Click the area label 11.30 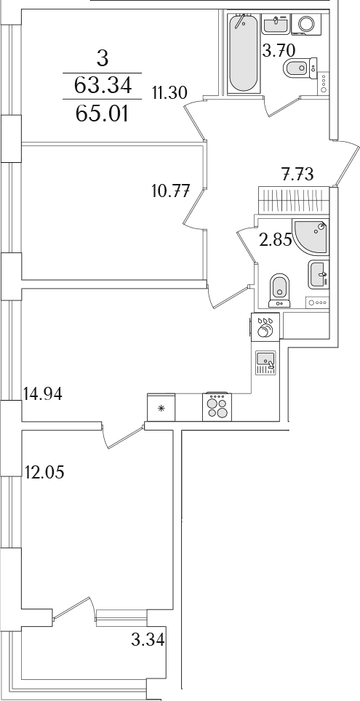click(169, 93)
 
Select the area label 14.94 click(42, 394)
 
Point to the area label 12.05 click(44, 472)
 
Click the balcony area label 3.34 click(148, 640)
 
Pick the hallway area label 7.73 click(297, 174)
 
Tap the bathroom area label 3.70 click(279, 50)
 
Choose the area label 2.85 click(276, 240)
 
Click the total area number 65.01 click(103, 114)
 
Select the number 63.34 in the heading click(103, 85)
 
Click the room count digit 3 click(103, 59)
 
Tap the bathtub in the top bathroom click(244, 54)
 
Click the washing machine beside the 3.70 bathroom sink click(306, 24)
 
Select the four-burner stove click(217, 406)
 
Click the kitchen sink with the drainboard click(265, 362)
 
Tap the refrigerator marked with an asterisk click(161, 406)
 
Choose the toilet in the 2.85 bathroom click(280, 291)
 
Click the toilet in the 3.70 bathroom click(300, 68)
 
